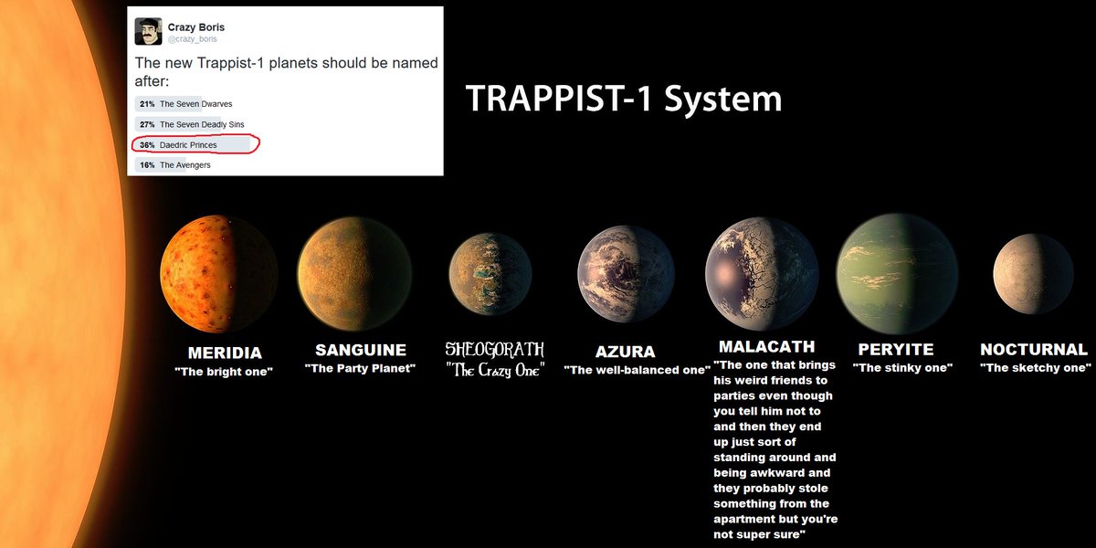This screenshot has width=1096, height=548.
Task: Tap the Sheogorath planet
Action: (490, 274)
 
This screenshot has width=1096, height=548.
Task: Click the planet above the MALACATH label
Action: (761, 274)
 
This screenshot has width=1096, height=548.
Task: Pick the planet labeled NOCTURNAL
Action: (1033, 274)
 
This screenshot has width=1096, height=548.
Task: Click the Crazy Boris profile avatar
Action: (148, 32)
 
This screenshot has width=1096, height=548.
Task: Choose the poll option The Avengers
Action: (184, 165)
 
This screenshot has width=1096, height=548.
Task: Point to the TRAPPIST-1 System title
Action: (623, 99)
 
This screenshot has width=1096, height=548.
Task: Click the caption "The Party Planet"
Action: (360, 368)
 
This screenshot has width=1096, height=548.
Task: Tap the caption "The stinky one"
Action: (902, 368)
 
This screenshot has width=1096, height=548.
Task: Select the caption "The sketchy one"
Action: (1036, 368)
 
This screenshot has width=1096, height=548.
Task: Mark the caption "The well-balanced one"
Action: (637, 370)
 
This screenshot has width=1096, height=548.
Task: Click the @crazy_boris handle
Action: (193, 40)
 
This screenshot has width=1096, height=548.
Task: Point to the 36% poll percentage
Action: (147, 144)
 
